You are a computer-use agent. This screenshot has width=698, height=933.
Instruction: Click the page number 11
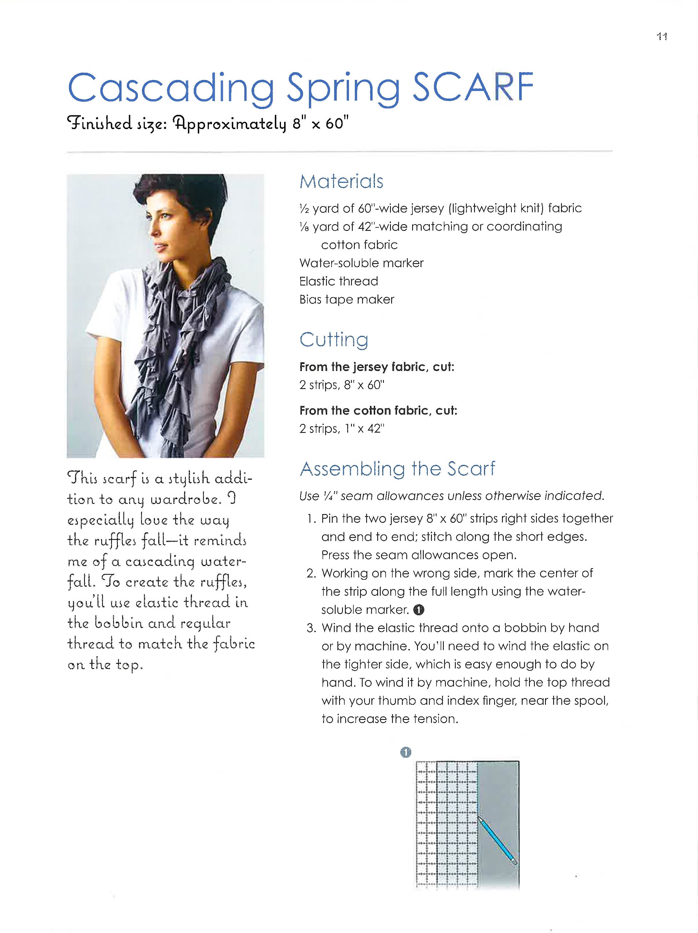(662, 37)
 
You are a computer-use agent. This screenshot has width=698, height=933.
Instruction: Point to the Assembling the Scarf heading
(397, 469)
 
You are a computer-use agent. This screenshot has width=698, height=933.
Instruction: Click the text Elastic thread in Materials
(339, 281)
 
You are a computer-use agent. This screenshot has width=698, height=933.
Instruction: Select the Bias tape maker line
(346, 299)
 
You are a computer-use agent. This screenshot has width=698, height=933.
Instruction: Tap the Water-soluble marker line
(361, 263)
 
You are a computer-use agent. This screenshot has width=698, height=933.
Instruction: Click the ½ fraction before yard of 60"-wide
(304, 209)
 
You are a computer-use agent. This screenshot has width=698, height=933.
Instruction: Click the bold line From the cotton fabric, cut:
(378, 411)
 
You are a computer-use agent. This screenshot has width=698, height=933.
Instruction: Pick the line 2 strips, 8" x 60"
(342, 385)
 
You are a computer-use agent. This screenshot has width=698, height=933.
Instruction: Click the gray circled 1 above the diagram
(405, 752)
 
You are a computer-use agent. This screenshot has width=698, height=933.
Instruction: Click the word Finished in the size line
(99, 123)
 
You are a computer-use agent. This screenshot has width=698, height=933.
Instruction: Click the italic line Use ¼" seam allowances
(452, 496)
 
